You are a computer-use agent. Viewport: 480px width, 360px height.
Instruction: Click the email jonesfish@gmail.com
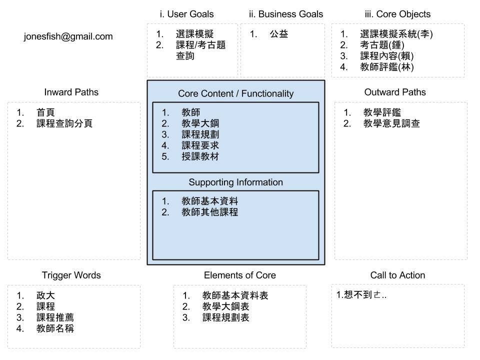coord(68,36)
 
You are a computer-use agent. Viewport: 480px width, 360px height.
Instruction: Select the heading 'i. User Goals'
coord(186,14)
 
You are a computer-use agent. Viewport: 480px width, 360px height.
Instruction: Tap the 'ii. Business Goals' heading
coord(285,14)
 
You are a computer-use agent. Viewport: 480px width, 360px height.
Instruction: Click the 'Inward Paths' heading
coord(71,92)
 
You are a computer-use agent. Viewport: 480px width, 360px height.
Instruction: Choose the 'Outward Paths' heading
coord(395,92)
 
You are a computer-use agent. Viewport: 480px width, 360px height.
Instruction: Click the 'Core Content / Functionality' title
coord(235,93)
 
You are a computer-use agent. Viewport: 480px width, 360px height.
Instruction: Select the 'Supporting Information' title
coord(235,182)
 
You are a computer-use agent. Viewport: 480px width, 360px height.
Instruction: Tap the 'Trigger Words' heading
coord(71,275)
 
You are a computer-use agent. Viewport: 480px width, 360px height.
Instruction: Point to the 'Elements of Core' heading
coord(239,275)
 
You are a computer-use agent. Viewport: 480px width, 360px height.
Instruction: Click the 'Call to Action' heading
coord(397,275)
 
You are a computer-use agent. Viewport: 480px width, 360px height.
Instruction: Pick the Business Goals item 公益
coord(279,34)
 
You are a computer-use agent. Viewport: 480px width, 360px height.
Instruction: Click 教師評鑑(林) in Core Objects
coord(386,67)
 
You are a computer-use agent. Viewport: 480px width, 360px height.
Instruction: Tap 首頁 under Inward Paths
coord(45,112)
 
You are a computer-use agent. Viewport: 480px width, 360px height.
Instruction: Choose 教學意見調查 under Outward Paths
coord(391,123)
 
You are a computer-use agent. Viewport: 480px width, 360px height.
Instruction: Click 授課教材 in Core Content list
coord(200,156)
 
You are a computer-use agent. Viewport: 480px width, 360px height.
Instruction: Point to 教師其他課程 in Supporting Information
coord(209,212)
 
